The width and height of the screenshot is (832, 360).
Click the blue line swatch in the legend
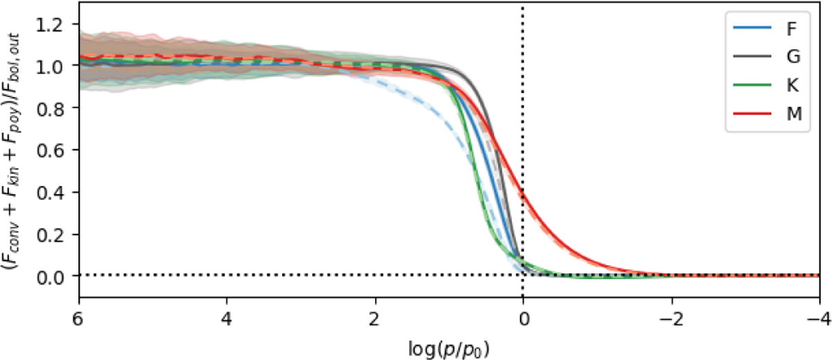point(751,31)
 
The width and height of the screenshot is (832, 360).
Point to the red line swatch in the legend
point(751,117)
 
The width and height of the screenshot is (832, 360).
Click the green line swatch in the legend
point(751,88)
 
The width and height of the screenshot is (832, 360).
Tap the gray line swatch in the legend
point(751,60)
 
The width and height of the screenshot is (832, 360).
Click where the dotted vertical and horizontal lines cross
point(523,275)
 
